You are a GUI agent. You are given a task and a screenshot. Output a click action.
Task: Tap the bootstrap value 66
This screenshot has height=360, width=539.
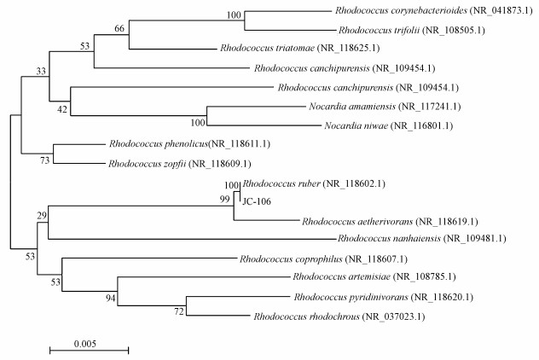click(x=119, y=29)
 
